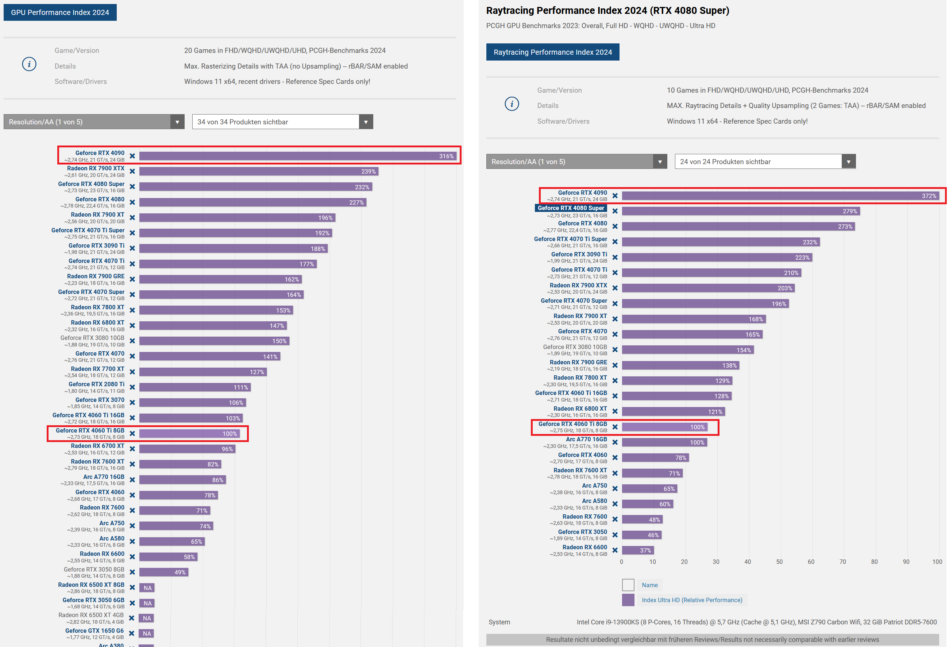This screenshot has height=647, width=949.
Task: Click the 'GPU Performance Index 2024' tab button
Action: [x=60, y=12]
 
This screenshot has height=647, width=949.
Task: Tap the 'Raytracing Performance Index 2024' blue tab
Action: [x=552, y=52]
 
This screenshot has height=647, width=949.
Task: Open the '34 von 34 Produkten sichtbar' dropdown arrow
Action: [x=366, y=122]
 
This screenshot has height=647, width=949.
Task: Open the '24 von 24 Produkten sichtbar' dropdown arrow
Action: [x=848, y=162]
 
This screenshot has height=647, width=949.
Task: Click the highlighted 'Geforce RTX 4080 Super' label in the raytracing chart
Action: [x=571, y=208]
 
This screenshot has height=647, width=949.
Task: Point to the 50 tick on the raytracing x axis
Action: [x=779, y=562]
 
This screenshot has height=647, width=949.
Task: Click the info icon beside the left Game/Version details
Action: [x=29, y=64]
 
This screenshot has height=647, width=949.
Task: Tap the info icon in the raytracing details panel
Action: [x=512, y=104]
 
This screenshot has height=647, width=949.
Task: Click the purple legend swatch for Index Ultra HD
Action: [x=628, y=600]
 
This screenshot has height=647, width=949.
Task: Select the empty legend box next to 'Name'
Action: [x=628, y=585]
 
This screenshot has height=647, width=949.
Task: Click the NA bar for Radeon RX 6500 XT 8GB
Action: [x=147, y=588]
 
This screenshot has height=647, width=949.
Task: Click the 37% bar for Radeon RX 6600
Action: [x=638, y=550]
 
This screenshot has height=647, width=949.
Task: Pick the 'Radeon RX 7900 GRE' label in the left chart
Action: [x=96, y=276]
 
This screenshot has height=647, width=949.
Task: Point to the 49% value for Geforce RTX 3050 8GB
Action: [x=180, y=572]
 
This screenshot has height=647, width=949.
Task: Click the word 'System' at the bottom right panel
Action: [x=499, y=622]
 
